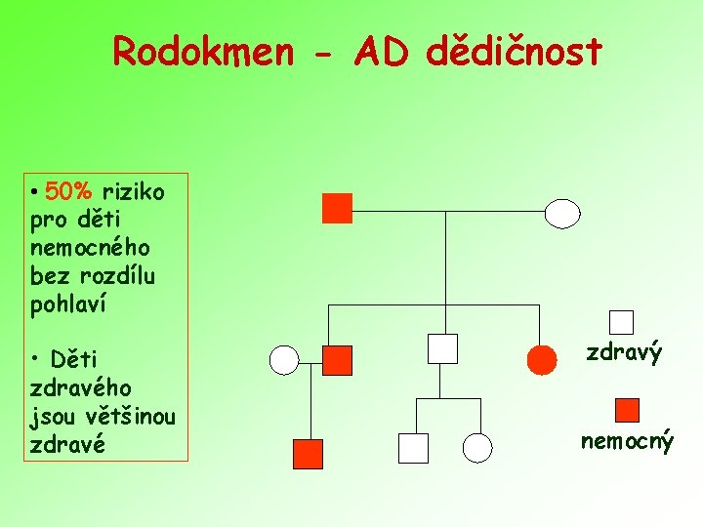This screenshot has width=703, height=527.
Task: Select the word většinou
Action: point(133,418)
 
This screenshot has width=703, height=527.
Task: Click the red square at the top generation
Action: point(337,208)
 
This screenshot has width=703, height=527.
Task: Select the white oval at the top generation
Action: point(561,213)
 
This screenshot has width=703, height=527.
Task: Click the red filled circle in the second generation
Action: point(542,360)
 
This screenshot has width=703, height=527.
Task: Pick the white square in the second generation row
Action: point(442,348)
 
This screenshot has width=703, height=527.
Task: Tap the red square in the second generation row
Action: point(337,360)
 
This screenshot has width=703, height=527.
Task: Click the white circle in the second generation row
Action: point(283,360)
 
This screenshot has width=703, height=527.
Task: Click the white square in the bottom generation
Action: point(413,448)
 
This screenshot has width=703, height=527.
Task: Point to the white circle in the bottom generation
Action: point(476,448)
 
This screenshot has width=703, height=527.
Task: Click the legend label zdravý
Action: point(624,352)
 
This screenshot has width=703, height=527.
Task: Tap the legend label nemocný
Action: point(627,441)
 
